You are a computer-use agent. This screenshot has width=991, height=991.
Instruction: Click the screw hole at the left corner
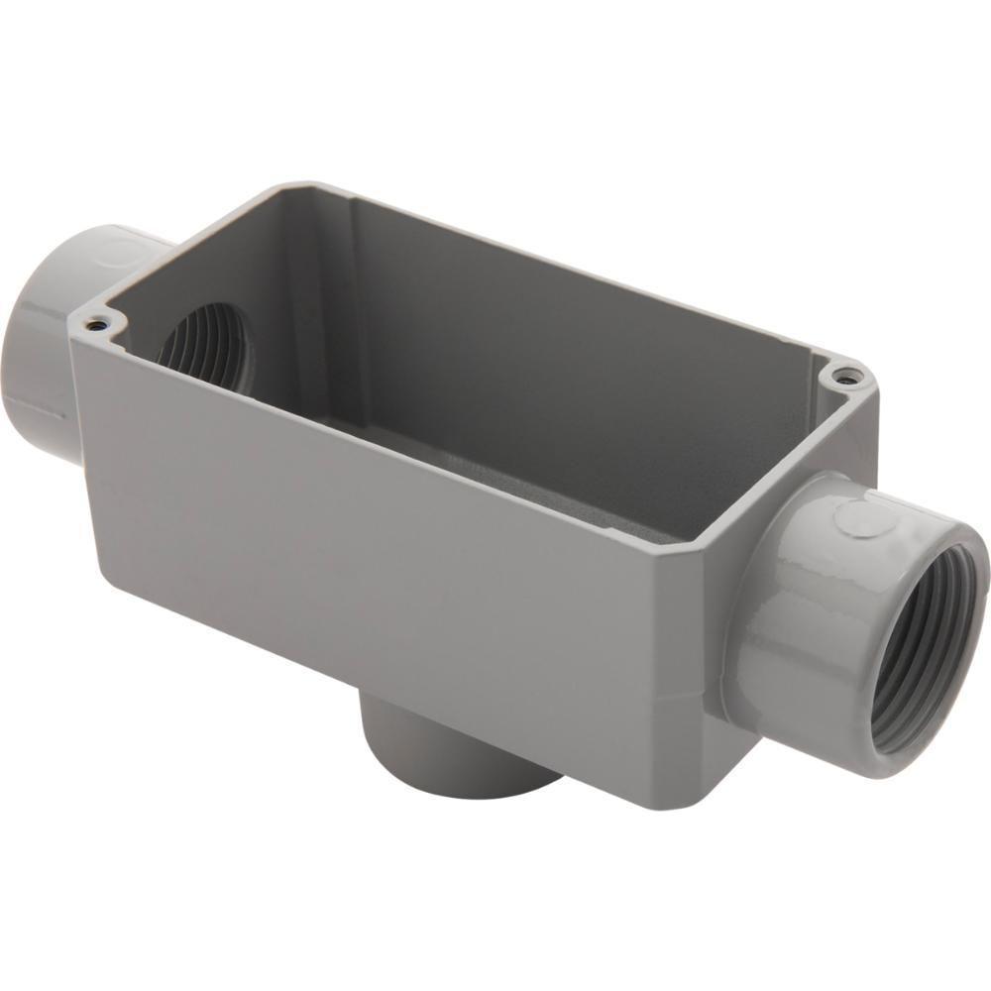click(x=94, y=323)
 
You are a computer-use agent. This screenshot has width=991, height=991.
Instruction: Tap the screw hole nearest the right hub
click(x=842, y=376)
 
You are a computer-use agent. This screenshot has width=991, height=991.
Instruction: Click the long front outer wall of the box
click(x=396, y=555)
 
